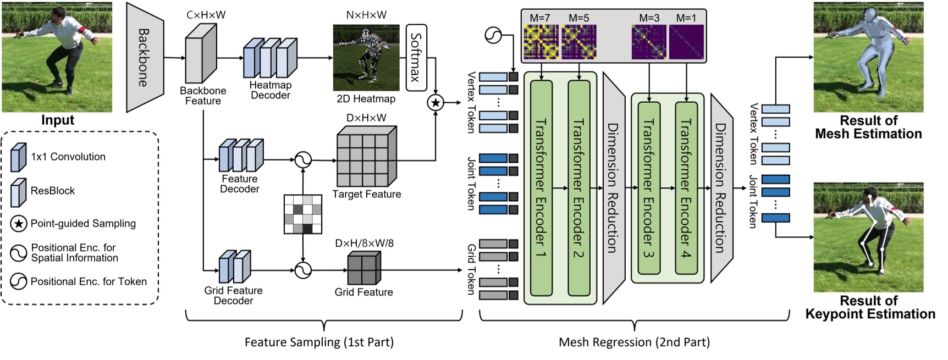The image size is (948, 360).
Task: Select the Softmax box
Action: coord(416,57)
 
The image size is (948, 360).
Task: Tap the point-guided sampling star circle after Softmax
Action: coord(435,102)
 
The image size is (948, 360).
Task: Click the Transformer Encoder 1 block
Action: coord(541,189)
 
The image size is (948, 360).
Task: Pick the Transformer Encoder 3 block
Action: coord(649,189)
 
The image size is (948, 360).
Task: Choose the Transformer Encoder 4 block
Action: coord(686,189)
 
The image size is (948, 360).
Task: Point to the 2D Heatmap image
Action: coord(366,57)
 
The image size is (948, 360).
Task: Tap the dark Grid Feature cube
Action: coord(363,269)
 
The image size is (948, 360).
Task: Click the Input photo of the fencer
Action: coord(57,57)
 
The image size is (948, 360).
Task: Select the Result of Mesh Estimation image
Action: coord(868,57)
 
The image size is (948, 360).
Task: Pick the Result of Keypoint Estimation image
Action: coord(868,237)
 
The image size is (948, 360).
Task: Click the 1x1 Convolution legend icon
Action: coord(19,157)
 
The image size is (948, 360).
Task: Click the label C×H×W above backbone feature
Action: coord(206,15)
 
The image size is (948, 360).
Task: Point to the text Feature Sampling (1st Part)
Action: coord(319,342)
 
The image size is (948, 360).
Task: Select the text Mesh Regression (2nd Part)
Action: coord(634,342)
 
